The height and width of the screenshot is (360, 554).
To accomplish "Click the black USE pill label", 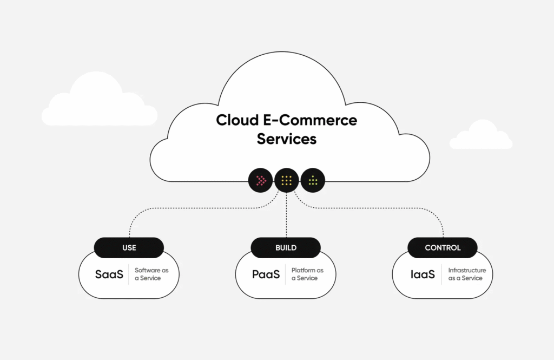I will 129,248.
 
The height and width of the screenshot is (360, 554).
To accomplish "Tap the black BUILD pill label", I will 286,248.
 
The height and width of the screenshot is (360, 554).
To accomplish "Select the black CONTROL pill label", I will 443,248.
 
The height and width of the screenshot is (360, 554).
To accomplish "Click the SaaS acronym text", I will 109,274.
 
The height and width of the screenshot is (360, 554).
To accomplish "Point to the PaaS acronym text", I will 266,274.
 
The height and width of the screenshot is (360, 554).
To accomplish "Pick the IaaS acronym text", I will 423,274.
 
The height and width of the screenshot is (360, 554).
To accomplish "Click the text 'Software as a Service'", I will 148,274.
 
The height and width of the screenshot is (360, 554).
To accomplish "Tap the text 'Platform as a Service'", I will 307,274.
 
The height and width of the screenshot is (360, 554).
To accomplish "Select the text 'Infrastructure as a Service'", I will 467,274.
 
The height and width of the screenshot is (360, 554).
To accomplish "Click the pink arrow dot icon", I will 261,181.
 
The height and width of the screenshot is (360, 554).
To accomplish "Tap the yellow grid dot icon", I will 287,181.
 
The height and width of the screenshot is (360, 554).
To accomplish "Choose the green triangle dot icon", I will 313,181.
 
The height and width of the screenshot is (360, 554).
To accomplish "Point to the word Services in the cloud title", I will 287,139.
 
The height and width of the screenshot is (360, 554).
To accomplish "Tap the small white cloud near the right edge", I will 480,137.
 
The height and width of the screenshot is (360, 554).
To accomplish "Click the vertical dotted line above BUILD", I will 286,217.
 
